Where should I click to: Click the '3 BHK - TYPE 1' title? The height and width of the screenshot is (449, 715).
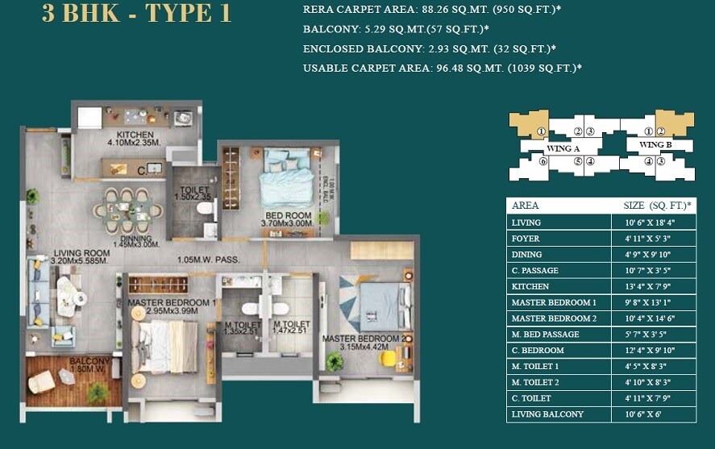(136, 15)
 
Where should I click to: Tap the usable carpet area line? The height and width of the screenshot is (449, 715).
(443, 69)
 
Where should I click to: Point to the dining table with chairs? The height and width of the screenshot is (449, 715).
(131, 207)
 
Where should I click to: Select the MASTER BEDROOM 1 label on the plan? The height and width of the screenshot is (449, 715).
(172, 303)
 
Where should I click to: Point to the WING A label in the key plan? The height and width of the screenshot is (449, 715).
(563, 148)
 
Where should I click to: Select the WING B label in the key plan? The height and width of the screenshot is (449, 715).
(655, 145)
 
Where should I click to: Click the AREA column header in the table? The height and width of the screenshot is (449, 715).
(525, 206)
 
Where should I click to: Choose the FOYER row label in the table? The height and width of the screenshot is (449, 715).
(526, 238)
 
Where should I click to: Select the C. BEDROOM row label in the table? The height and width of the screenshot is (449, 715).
(537, 350)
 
